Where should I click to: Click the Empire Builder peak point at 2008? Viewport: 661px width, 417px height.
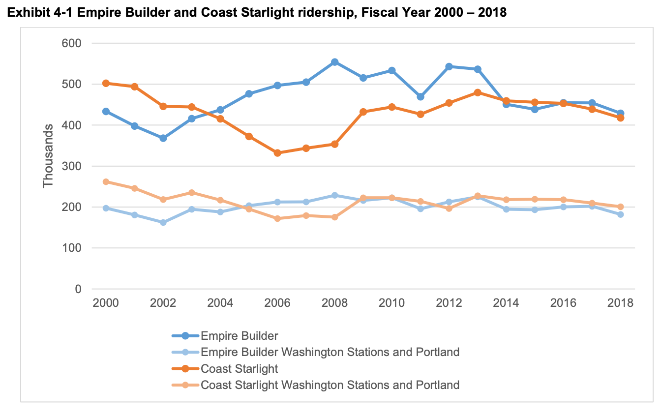(x=334, y=62)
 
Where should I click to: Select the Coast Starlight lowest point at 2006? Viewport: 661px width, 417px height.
(x=277, y=153)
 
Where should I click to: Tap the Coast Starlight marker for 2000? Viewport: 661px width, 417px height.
(x=106, y=83)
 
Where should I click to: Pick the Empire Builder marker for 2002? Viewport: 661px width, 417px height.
(x=163, y=138)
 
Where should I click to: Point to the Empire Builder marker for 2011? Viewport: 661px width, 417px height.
(x=421, y=97)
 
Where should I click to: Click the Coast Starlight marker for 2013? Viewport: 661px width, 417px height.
(x=478, y=92)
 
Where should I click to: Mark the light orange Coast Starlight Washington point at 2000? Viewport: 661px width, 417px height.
(x=106, y=182)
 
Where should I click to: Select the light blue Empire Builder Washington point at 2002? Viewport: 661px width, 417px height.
(x=163, y=222)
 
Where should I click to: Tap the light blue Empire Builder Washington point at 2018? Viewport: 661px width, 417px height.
(x=621, y=214)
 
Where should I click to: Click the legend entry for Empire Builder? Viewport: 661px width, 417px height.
(x=239, y=336)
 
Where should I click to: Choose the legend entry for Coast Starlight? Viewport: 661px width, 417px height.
(x=239, y=368)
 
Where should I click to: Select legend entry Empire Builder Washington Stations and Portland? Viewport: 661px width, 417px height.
(x=330, y=352)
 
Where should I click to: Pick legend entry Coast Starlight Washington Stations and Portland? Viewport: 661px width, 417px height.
(x=330, y=385)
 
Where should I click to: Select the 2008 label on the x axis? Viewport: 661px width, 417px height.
(x=334, y=302)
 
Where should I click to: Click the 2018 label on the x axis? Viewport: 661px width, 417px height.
(x=620, y=302)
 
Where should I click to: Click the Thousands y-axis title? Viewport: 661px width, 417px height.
(x=48, y=155)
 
